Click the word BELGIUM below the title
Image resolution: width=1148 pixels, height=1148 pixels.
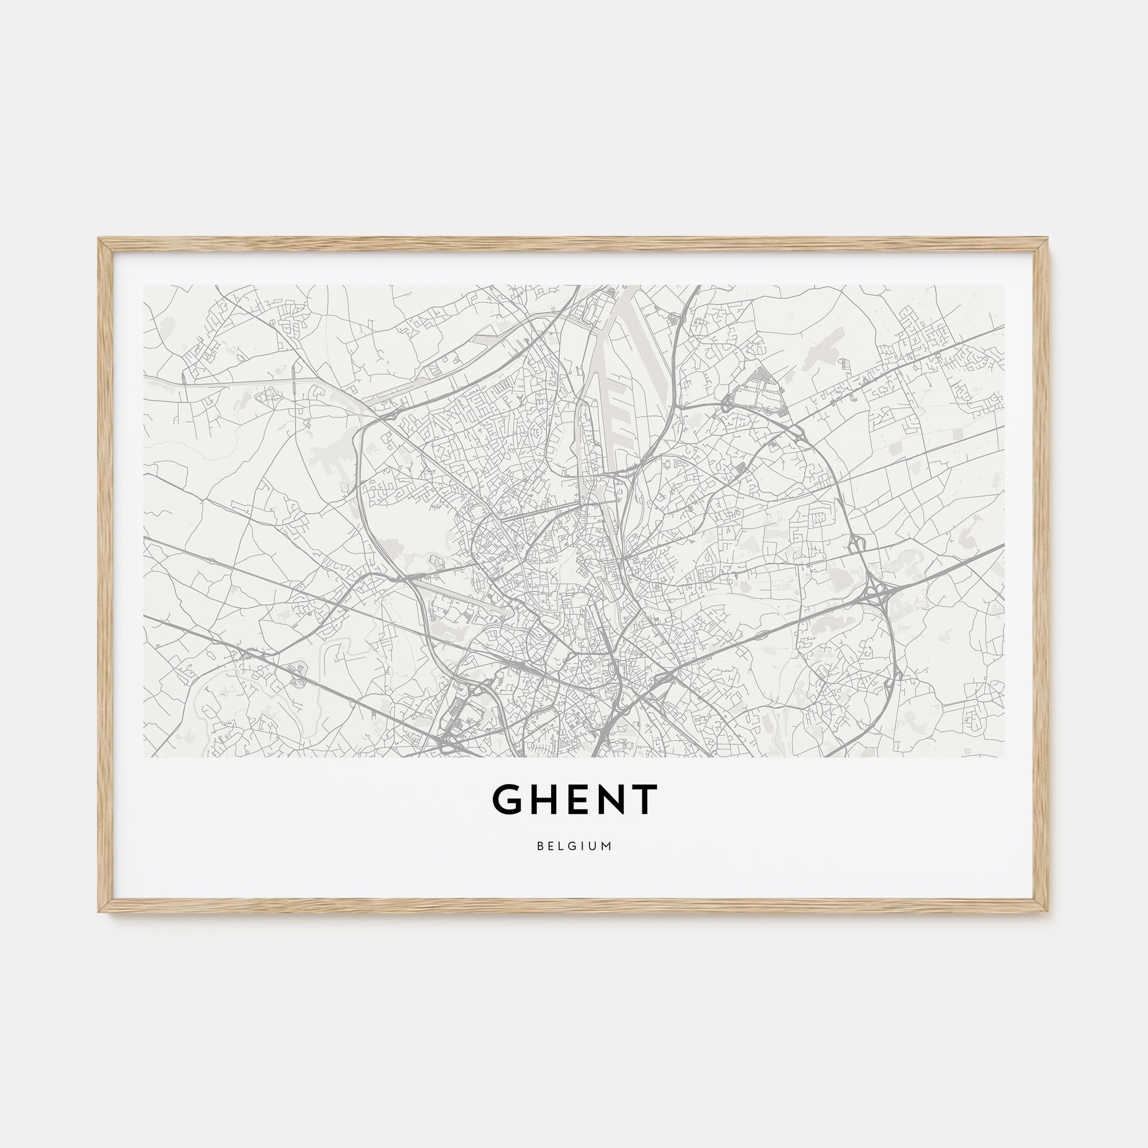pyautogui.click(x=574, y=846)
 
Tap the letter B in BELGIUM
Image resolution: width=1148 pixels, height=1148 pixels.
pyautogui.click(x=540, y=846)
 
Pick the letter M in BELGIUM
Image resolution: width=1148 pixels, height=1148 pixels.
pyautogui.click(x=608, y=846)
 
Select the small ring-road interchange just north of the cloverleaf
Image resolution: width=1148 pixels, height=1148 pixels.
pyautogui.click(x=857, y=542)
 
